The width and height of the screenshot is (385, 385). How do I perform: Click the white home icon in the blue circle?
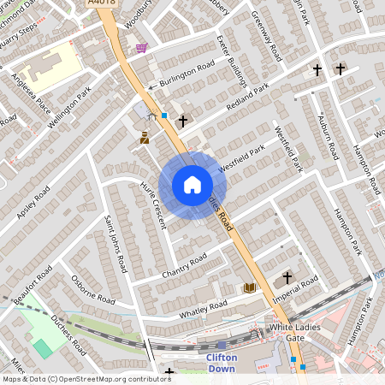point(192,185)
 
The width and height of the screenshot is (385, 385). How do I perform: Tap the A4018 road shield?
point(102,4)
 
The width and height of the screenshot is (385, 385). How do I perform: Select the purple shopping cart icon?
point(141,48)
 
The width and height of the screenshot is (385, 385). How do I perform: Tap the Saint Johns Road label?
point(115,244)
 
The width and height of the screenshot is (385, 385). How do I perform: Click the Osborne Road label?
point(93,288)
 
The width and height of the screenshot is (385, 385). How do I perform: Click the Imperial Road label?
point(295,291)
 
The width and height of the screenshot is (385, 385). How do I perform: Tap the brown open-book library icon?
point(250,287)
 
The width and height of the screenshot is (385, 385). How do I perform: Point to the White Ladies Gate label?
point(299,333)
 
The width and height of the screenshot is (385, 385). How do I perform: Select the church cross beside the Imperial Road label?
point(287,277)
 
